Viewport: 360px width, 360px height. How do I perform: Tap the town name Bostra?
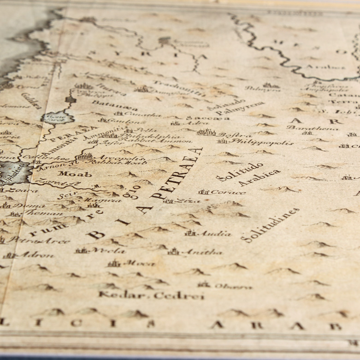[229, 135]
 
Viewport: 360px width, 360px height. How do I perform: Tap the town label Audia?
[214, 234]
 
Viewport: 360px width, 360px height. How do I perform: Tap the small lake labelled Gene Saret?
[57, 117]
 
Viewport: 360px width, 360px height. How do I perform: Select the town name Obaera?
[232, 286]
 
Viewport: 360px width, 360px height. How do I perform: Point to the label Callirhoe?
[39, 157]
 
